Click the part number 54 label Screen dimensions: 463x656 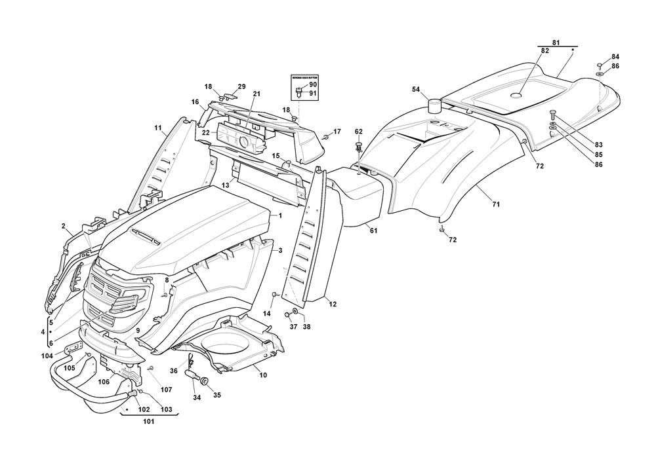click(415, 89)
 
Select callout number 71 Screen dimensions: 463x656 click(497, 205)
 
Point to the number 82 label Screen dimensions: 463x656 click(544, 51)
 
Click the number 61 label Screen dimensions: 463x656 click(373, 231)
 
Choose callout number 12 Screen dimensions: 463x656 click(333, 304)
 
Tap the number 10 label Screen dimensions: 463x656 click(263, 375)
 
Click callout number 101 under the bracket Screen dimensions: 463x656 click(148, 422)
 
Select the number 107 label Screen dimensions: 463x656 click(165, 390)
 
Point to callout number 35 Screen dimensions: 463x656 click(217, 395)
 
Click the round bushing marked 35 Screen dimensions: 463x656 click(204, 381)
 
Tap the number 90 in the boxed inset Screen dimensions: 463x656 click(313, 85)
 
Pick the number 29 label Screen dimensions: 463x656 click(241, 87)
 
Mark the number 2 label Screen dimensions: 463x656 click(64, 227)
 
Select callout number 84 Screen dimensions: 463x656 click(615, 57)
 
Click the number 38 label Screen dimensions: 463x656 click(306, 327)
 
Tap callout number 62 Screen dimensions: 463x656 click(358, 132)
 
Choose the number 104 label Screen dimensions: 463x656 click(47, 355)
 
